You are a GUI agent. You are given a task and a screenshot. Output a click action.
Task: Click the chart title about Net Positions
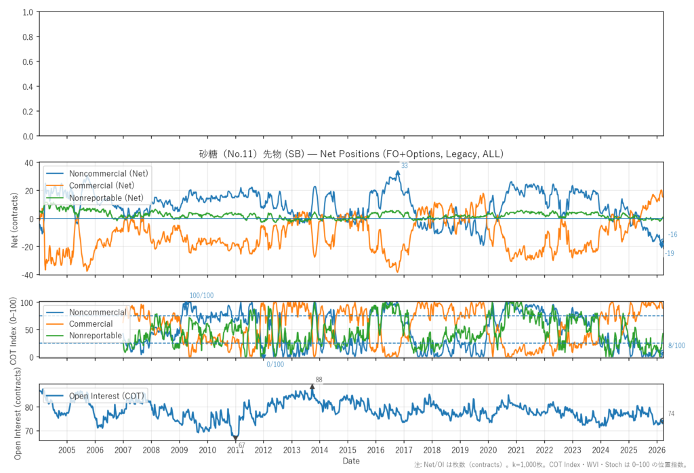[351, 154]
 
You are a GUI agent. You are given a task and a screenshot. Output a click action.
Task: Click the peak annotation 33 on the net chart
[405, 166]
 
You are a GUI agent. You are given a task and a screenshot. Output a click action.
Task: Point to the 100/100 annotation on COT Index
[201, 296]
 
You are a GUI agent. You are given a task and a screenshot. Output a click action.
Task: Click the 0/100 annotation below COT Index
[276, 364]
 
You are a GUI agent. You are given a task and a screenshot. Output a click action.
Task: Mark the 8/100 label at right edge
[676, 346]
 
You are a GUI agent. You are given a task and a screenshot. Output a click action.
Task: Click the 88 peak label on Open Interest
[319, 380]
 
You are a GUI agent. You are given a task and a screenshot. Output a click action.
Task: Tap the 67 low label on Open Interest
[241, 445]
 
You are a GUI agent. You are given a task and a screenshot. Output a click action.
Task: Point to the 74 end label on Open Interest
[671, 414]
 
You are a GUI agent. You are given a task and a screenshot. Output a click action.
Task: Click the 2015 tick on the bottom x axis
[347, 450]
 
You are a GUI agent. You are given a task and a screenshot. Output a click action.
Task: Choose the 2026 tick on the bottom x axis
[656, 450]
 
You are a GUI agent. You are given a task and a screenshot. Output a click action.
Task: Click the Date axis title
[351, 461]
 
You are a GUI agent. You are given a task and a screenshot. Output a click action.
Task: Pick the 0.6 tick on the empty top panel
[28, 62]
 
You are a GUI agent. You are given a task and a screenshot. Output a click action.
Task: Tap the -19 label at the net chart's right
[670, 254]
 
